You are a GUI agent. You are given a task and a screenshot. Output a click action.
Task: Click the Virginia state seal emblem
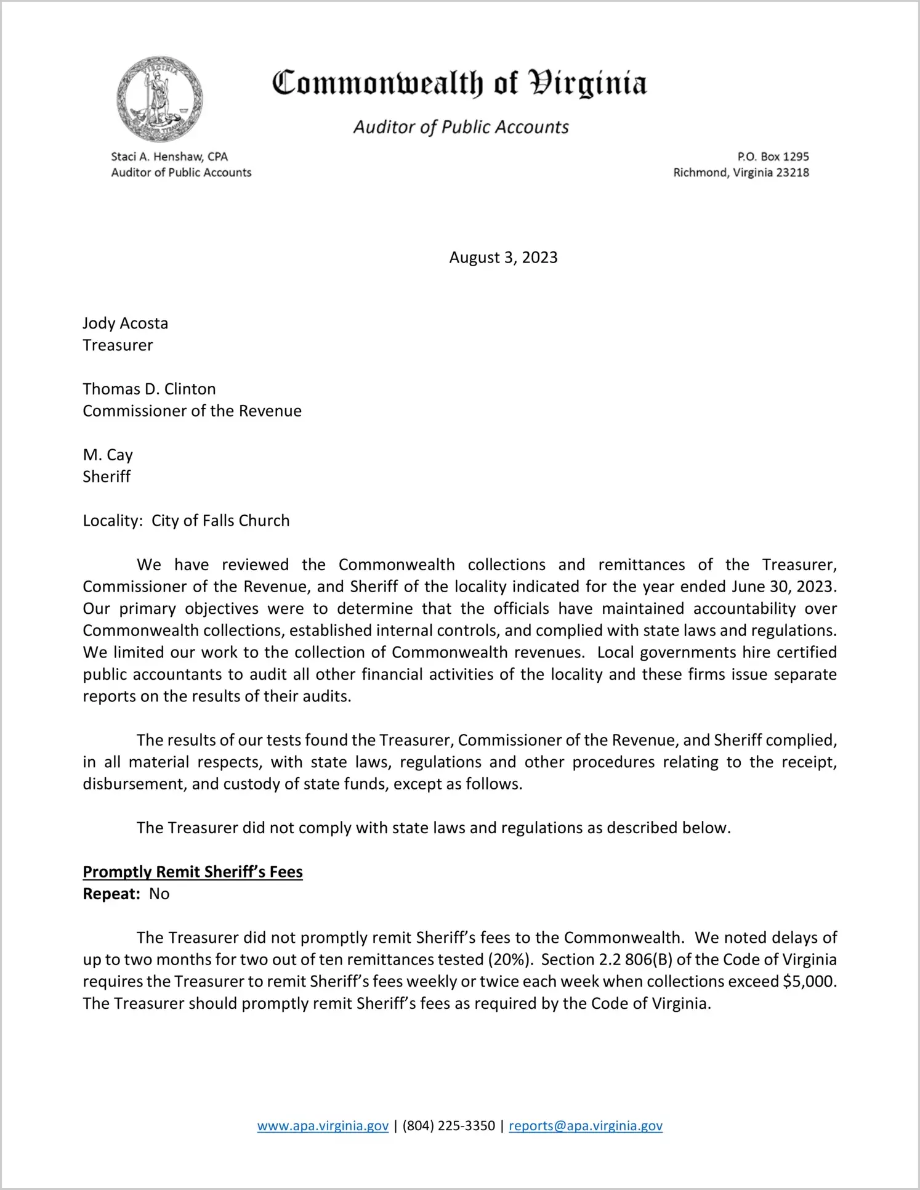[x=160, y=99]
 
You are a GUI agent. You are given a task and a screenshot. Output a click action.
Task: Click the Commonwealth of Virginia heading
[x=459, y=83]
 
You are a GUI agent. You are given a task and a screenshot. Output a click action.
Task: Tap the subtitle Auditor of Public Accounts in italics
[x=461, y=127]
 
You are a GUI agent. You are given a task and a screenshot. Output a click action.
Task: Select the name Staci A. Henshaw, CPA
[x=169, y=157]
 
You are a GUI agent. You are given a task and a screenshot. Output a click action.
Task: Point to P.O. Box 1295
[x=773, y=157]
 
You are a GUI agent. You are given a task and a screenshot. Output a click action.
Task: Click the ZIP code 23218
[x=793, y=173]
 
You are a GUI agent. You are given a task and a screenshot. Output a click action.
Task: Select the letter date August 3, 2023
[x=503, y=258]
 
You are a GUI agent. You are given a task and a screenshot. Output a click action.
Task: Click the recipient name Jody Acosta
[x=126, y=324]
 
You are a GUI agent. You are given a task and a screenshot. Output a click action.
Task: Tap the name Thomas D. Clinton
[x=150, y=389]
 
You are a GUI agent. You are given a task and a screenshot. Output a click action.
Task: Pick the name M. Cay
[x=108, y=455]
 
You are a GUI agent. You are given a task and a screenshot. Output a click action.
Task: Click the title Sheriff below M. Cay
[x=107, y=476]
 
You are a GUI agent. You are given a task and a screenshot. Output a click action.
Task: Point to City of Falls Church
[x=220, y=521]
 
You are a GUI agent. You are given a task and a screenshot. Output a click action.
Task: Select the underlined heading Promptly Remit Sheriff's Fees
[x=193, y=872]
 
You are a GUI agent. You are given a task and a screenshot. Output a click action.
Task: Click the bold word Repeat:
[x=112, y=894]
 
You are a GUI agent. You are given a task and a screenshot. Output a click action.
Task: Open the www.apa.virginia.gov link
[x=323, y=1126]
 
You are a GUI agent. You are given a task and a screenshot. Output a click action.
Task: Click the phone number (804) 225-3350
[x=448, y=1126]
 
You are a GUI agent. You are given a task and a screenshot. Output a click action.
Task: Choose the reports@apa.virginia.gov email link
[x=586, y=1126]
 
